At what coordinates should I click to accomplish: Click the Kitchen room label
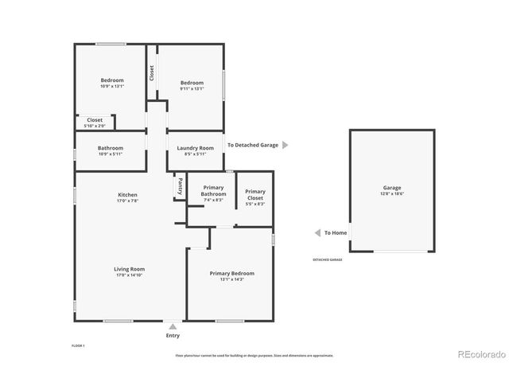click(128, 195)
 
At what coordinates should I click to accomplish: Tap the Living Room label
click(128, 269)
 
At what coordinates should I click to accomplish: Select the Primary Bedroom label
click(232, 274)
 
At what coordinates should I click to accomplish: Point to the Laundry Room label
click(195, 148)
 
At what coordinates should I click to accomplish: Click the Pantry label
click(180, 186)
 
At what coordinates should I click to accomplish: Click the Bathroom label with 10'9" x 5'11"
click(111, 148)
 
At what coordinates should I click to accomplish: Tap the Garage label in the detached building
click(392, 188)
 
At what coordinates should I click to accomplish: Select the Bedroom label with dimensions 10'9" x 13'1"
click(112, 80)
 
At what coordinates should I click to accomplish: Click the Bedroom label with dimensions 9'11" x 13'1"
click(192, 83)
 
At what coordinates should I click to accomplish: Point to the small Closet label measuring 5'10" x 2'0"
click(95, 120)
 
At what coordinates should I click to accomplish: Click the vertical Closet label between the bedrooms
click(151, 73)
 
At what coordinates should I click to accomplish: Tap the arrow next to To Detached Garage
click(286, 145)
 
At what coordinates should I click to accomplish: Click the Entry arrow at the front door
click(173, 325)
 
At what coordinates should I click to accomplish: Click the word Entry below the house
click(173, 335)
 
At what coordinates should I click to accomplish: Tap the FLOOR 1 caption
click(78, 346)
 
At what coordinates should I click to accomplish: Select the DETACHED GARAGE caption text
click(327, 260)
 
